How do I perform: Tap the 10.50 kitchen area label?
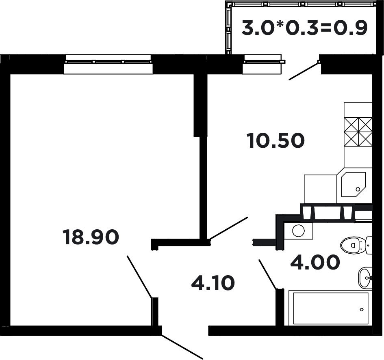(x=276, y=140)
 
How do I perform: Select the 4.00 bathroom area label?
(x=315, y=262)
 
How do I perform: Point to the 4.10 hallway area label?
(x=213, y=282)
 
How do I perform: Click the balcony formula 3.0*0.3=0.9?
(x=304, y=28)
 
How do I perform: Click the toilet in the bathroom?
(x=356, y=245)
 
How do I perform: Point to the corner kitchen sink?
(x=354, y=185)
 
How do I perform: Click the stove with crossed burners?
(x=358, y=132)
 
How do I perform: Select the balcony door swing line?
(x=304, y=71)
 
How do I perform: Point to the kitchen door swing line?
(x=229, y=228)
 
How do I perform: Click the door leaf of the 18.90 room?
(x=139, y=277)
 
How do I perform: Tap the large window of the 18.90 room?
(x=108, y=64)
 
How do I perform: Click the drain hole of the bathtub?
(x=362, y=310)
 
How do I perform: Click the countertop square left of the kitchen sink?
(x=320, y=189)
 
